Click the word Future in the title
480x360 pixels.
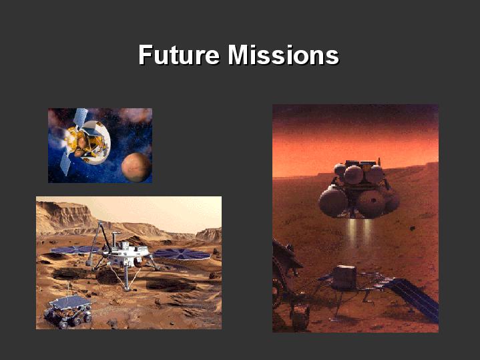[x=179, y=55]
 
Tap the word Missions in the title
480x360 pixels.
[x=284, y=55]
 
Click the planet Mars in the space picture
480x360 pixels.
[x=136, y=167]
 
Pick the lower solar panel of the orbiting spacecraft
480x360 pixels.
[x=65, y=163]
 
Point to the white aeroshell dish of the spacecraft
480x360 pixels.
[x=97, y=142]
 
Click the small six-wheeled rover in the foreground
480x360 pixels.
[x=68, y=311]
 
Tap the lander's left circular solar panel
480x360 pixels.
[x=74, y=250]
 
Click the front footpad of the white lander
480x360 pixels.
[x=127, y=288]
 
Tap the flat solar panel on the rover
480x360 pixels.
[x=70, y=302]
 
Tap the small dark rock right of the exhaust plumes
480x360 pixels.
[x=413, y=228]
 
